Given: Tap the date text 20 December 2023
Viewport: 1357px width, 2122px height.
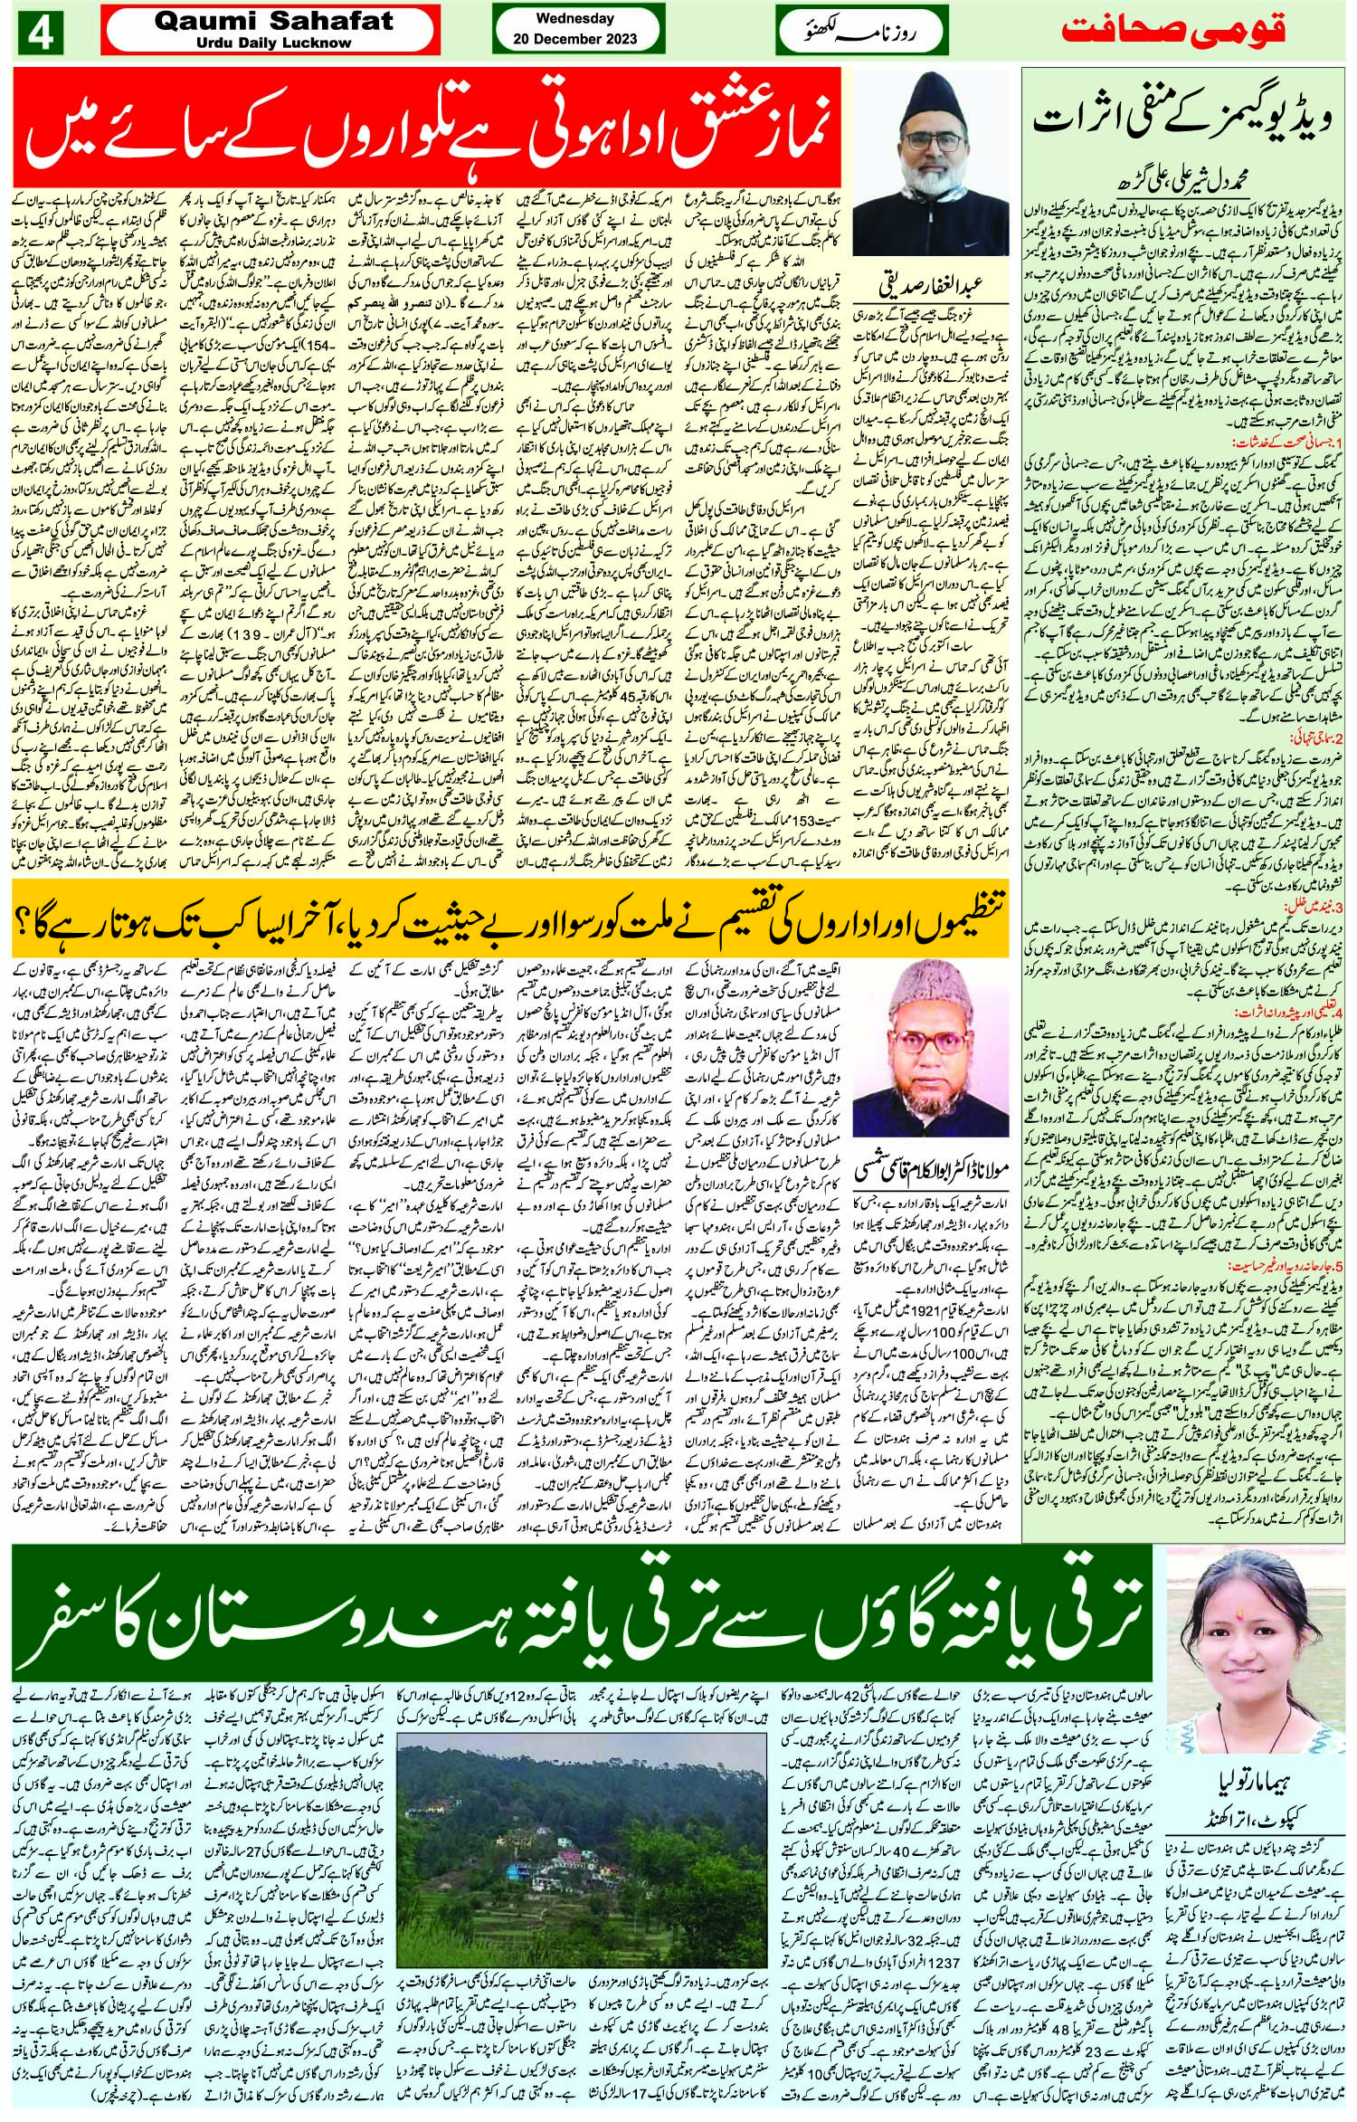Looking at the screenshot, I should [x=574, y=38].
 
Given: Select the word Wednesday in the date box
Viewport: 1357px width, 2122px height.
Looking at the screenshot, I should [x=574, y=18].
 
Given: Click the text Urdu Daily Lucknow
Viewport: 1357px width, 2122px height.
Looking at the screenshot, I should [x=272, y=43].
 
